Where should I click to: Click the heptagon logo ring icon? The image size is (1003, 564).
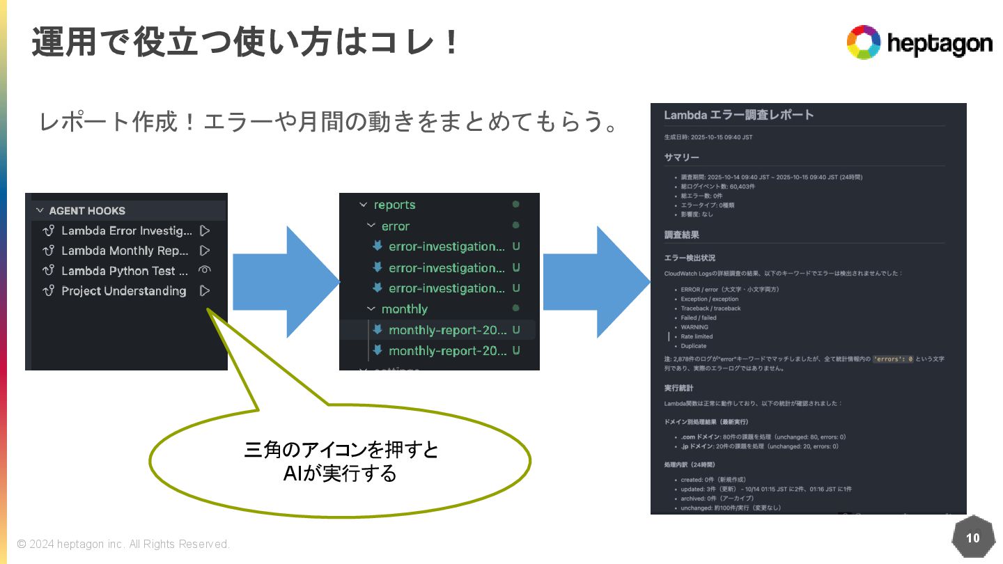[x=864, y=42]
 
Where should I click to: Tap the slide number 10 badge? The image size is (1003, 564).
[x=972, y=538]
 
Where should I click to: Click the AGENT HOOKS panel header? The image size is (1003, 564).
[x=87, y=210]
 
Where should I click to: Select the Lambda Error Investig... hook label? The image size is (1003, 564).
[x=126, y=230]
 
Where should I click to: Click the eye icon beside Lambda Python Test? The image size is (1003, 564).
[x=205, y=270]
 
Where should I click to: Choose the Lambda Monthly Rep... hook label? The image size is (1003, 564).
[x=125, y=251]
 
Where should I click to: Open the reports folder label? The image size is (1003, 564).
[x=394, y=205]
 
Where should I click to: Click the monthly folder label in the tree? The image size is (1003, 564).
[x=404, y=308]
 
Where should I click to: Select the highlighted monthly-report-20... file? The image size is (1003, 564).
[x=447, y=330]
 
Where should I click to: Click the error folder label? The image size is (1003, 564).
[x=395, y=226]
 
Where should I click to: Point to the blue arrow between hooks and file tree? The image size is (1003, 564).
[x=285, y=282]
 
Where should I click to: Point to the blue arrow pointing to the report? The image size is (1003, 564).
[x=596, y=282]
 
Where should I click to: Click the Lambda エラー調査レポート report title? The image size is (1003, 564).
[x=738, y=115]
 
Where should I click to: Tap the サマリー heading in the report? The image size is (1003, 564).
[x=681, y=157]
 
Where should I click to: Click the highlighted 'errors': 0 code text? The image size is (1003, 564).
[x=892, y=359]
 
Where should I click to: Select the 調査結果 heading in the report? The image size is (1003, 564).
[x=681, y=235]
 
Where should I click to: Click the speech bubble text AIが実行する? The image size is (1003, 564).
[x=340, y=473]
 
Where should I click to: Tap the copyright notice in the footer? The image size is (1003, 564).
[x=123, y=544]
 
